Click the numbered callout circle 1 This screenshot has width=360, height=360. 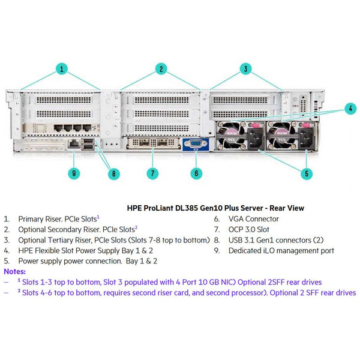pos(62,70)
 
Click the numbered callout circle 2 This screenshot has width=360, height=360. pos(161,69)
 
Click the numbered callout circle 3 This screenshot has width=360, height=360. pos(245,69)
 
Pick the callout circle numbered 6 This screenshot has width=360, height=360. pos(195,173)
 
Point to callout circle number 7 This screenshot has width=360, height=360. pos(153,173)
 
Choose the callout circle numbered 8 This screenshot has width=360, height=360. pos(112,175)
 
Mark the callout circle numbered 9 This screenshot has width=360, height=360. pos(74,173)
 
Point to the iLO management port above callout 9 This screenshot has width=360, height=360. pos(73,143)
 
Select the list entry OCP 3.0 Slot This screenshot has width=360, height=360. pos(249,230)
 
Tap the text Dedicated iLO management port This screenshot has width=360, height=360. pos(281,250)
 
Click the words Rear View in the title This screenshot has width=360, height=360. pos(285,208)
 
